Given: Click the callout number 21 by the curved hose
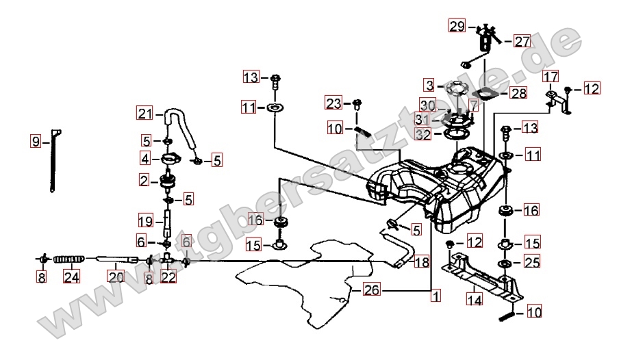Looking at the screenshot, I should pos(144,114).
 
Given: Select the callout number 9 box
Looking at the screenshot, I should pos(35,142).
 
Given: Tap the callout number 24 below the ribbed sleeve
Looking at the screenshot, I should pos(71,277).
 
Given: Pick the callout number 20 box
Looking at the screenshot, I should pos(115,277).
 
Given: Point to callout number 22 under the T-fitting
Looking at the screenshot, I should pos(168,277).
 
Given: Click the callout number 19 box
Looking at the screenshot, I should pos(144,222).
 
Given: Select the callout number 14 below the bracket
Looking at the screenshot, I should pos(474,298).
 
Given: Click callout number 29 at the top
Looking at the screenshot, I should pos(457,27).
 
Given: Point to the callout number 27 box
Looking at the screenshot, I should pos(522,41).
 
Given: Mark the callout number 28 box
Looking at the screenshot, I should pos(518,93).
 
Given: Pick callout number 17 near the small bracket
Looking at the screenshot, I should pos(551,75).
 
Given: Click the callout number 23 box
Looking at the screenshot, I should pos(333,104).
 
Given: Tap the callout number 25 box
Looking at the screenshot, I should pos(531,261).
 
